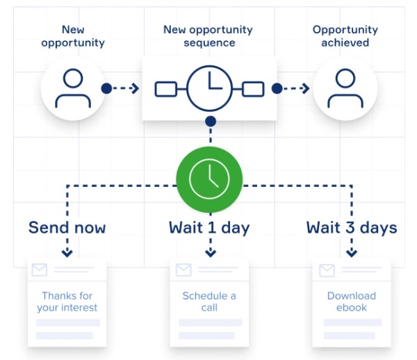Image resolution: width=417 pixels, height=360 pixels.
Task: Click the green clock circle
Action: [209, 179]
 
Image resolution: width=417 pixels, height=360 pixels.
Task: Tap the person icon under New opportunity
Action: [73, 88]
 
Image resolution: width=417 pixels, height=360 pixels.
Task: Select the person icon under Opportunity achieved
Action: [345, 88]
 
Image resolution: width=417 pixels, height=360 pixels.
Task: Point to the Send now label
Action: [67, 227]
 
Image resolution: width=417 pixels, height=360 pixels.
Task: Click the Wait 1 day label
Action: [209, 228]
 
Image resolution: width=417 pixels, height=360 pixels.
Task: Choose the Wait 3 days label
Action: [352, 228]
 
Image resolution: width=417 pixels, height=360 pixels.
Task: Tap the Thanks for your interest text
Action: [67, 302]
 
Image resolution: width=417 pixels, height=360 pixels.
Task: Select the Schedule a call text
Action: [209, 302]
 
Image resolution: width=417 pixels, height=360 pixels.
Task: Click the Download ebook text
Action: [352, 302]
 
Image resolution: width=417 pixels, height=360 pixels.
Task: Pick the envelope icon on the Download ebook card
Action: [327, 270]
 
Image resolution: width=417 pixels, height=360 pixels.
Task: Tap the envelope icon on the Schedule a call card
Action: [183, 270]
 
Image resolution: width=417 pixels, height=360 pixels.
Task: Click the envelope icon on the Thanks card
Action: [40, 270]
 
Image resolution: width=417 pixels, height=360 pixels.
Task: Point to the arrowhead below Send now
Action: [67, 253]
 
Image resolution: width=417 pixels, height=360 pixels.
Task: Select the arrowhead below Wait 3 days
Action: [352, 253]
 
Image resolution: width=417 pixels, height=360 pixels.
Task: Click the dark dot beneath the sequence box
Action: [211, 122]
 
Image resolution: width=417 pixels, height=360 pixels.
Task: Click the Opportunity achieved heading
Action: [345, 36]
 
